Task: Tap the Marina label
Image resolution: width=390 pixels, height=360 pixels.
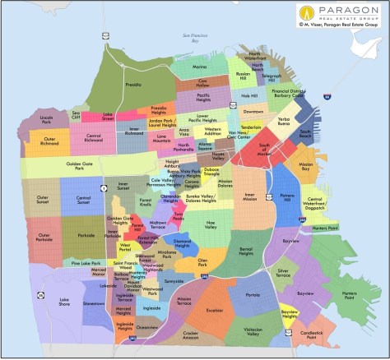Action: (x=199, y=67)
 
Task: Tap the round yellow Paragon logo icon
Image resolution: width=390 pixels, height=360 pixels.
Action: (x=308, y=12)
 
